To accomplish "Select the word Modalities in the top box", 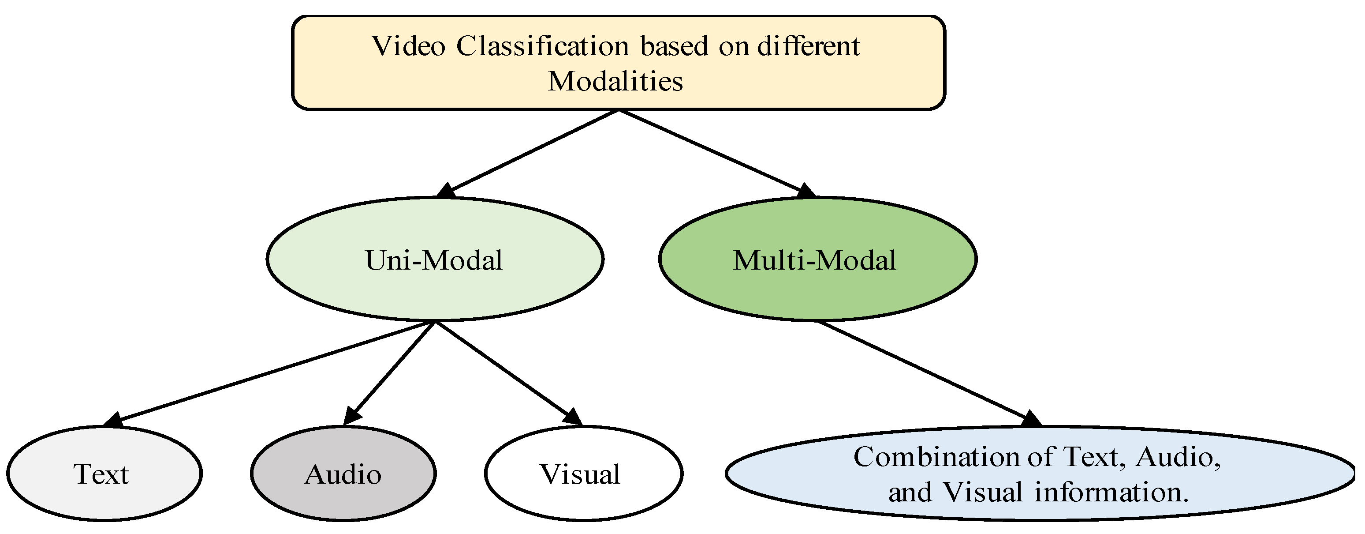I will pyautogui.click(x=615, y=82).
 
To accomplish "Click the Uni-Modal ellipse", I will pyautogui.click(x=435, y=260).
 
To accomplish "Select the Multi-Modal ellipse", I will pyautogui.click(x=817, y=260).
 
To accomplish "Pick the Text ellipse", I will pyautogui.click(x=104, y=474).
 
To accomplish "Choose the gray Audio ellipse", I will pyautogui.click(x=343, y=474).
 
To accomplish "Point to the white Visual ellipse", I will pyautogui.click(x=583, y=474).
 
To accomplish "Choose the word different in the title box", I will pyautogui.click(x=808, y=46).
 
